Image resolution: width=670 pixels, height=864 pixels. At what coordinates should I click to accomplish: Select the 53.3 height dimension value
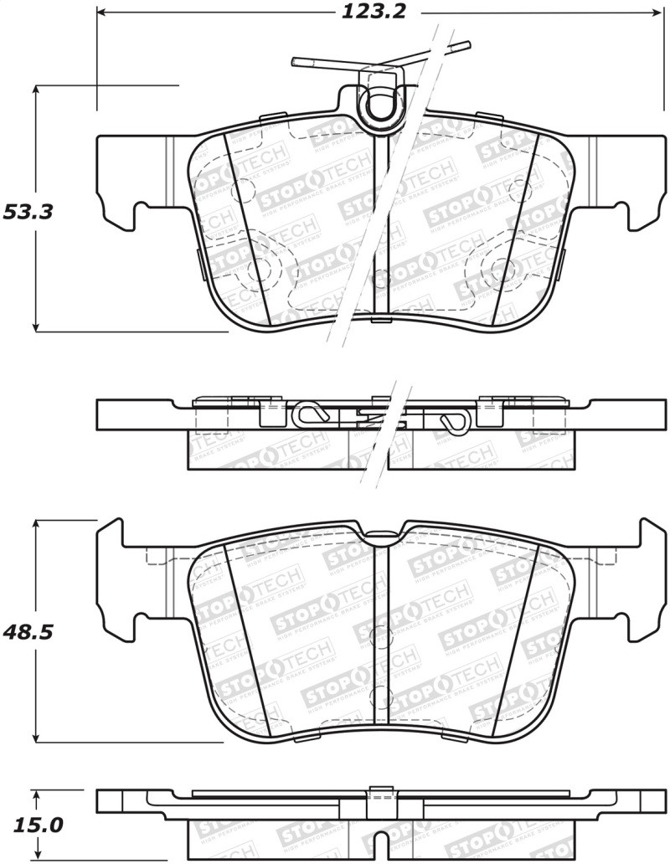28,212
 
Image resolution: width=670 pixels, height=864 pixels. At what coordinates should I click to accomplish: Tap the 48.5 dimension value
28,632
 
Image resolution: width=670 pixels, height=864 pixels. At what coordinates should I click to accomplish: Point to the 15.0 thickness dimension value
33,825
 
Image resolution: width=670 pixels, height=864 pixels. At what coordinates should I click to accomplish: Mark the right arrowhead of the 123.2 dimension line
657,13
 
